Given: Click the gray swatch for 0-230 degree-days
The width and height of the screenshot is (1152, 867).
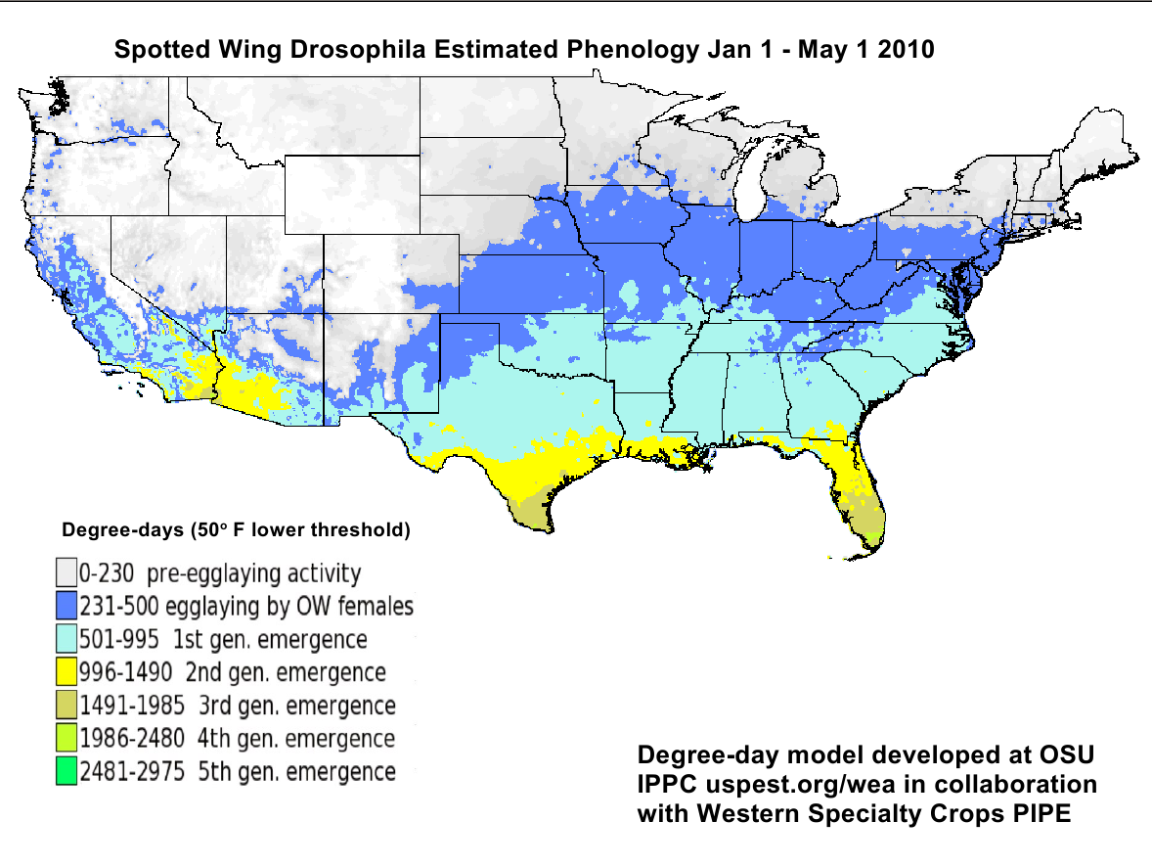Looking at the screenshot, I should click(66, 572).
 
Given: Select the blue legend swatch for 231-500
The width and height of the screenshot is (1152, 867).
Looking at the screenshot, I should click(66, 606).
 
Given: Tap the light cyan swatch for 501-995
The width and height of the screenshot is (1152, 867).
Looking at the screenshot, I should click(66, 639).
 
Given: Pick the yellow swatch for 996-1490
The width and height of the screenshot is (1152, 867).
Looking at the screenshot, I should click(66, 672).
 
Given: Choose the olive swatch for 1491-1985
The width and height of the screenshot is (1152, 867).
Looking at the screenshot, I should click(66, 706).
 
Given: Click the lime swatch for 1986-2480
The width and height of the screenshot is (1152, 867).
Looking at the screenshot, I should click(66, 739).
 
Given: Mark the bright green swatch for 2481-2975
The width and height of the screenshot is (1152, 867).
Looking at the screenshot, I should click(66, 771).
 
